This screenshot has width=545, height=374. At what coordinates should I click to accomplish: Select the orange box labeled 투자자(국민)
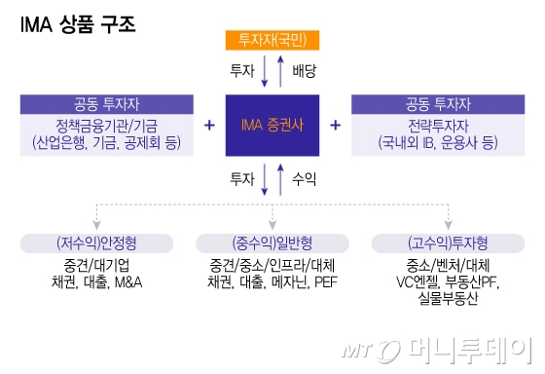click(x=272, y=40)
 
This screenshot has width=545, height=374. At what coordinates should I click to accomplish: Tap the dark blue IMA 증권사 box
click(x=272, y=126)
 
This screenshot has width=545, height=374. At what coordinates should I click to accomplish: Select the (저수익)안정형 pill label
click(x=95, y=243)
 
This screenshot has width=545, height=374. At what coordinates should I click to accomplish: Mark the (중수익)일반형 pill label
click(x=272, y=243)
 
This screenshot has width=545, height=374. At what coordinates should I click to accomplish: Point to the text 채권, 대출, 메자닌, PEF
click(x=272, y=281)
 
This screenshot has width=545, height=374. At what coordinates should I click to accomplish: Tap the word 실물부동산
click(x=448, y=299)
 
